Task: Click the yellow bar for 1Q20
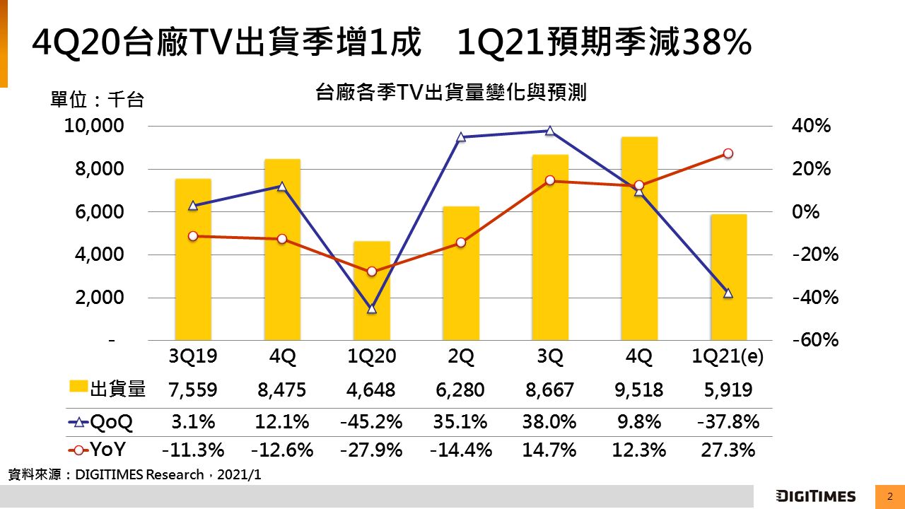pos(371,291)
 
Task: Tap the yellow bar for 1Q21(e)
pos(728,277)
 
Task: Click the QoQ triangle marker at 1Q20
pos(372,309)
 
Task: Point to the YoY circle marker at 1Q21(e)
pos(728,153)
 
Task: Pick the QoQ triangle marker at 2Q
pos(461,137)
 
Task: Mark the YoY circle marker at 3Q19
pos(193,236)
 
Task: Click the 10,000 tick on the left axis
pos(94,127)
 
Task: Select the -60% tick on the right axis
pos(815,340)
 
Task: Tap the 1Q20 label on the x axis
pos(372,358)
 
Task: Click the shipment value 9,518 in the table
pos(639,390)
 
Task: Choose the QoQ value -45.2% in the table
pos(372,423)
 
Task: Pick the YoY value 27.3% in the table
pos(728,450)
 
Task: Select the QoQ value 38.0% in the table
pos(550,423)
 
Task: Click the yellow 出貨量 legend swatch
pos(77,387)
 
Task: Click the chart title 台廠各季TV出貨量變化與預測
pos(451,93)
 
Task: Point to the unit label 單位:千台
pos(97,100)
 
